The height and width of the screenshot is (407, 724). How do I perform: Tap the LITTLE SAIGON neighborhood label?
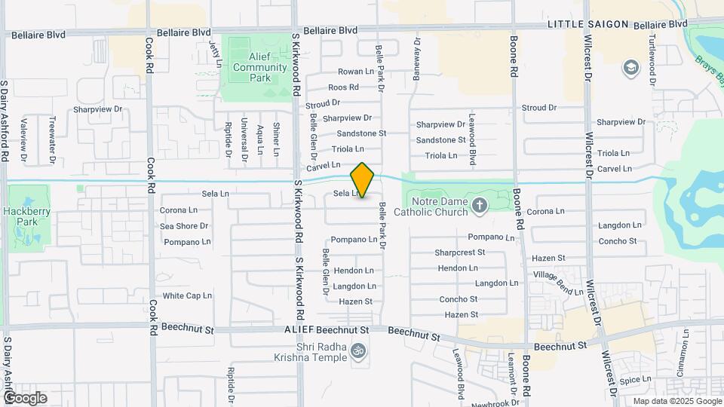pyautogui.click(x=588, y=24)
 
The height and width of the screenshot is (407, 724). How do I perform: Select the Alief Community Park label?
pyautogui.click(x=260, y=68)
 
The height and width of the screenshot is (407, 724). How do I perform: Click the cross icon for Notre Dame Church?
pyautogui.click(x=479, y=204)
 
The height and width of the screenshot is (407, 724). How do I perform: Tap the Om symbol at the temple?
pyautogui.click(x=360, y=350)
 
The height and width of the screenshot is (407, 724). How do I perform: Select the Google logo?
pyautogui.click(x=25, y=397)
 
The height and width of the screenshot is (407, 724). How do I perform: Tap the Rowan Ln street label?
pyautogui.click(x=356, y=72)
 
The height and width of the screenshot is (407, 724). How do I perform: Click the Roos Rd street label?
pyautogui.click(x=343, y=87)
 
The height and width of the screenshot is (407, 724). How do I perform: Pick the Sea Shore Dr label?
pyautogui.click(x=184, y=226)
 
